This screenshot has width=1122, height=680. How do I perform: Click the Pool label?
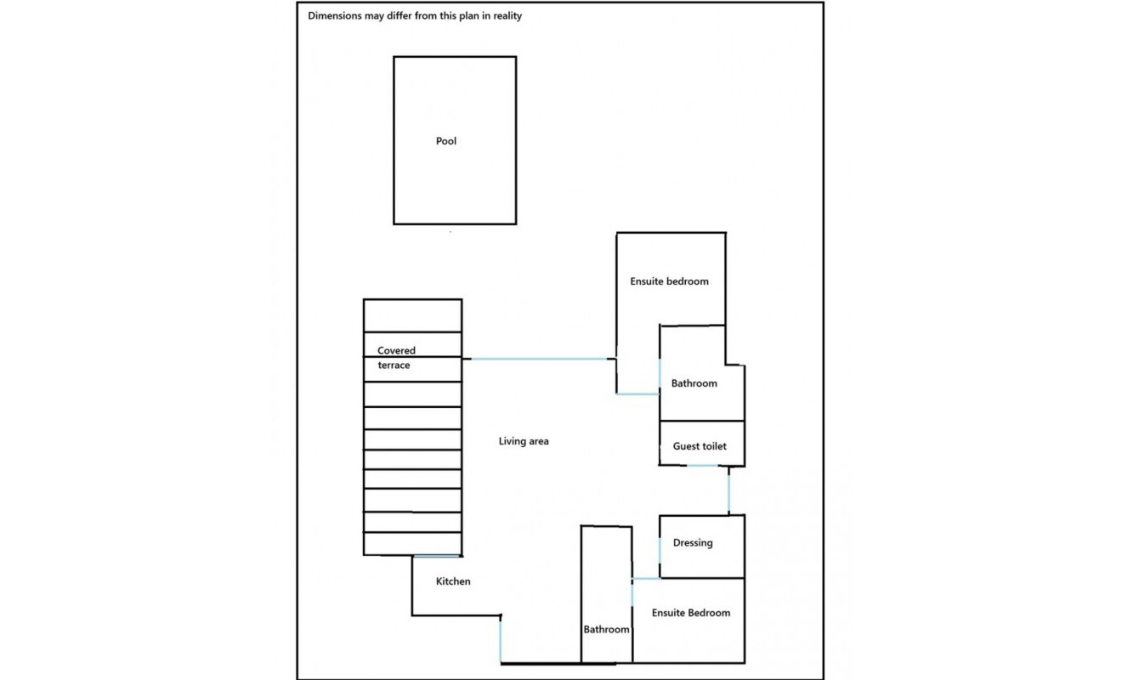point(445,141)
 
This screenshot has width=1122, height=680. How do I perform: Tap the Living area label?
point(524,441)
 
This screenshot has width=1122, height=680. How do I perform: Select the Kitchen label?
point(453,581)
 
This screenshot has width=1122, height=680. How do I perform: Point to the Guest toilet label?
point(700,446)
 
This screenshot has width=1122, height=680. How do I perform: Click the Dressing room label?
point(692,543)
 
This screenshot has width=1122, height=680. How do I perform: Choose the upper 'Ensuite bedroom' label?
point(669,281)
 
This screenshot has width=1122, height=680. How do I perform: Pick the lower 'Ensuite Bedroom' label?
point(691,613)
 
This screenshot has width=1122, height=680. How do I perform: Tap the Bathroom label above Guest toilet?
point(694,383)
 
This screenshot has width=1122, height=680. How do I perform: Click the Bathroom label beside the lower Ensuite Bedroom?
point(606,630)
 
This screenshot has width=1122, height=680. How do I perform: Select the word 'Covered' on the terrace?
point(396,350)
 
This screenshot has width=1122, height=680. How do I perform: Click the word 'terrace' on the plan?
point(394,365)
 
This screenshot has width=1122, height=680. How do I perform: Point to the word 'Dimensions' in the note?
point(335,15)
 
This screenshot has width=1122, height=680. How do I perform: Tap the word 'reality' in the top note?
point(507,15)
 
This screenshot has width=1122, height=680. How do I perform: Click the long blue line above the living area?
point(539,359)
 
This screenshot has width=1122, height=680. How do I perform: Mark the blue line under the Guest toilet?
point(702,466)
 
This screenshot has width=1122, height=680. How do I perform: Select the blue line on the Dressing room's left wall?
point(660,550)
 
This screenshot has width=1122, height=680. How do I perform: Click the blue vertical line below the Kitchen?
point(500,642)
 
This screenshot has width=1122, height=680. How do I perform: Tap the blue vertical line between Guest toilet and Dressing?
point(728,490)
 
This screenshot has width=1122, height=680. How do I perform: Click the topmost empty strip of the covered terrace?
point(413,316)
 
